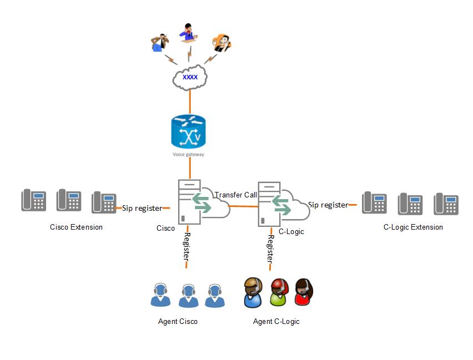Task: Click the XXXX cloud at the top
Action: pos(190,78)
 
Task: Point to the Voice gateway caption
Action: pos(188,154)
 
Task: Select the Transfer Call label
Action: pos(236,195)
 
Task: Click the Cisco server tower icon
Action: pos(189,202)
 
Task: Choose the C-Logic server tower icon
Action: pos(269,204)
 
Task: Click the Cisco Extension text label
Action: pos(76,227)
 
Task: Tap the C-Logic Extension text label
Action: pos(413,227)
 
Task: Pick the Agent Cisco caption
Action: pos(178,321)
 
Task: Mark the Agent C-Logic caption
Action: pos(276,321)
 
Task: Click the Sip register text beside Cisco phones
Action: pos(142,209)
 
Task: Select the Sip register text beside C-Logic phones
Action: pos(328,205)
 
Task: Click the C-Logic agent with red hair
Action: pos(279,292)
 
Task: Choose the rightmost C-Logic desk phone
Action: pos(446,204)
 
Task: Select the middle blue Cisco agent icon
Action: pos(188,296)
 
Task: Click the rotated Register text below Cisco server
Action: pos(187,246)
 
